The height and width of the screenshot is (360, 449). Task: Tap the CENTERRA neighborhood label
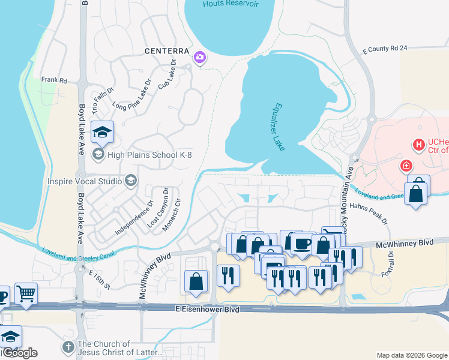(x=167, y=52)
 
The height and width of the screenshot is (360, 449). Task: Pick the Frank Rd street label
(x=54, y=80)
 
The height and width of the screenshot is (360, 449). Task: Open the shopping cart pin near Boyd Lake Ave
(x=26, y=293)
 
